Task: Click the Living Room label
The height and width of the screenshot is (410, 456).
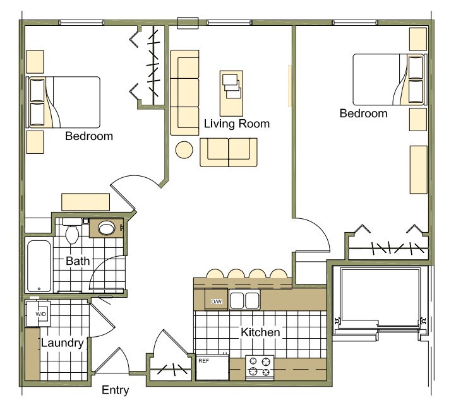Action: pyautogui.click(x=236, y=124)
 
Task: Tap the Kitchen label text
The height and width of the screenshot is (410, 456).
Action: pyautogui.click(x=260, y=332)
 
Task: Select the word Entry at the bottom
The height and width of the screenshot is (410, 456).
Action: pyautogui.click(x=116, y=390)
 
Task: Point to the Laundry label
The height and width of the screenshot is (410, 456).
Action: pyautogui.click(x=62, y=344)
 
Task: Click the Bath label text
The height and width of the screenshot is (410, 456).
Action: pyautogui.click(x=78, y=261)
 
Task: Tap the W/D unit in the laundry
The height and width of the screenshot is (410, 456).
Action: pyautogui.click(x=37, y=313)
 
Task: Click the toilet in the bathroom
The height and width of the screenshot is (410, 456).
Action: pyautogui.click(x=72, y=233)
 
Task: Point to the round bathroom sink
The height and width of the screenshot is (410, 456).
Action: pyautogui.click(x=106, y=228)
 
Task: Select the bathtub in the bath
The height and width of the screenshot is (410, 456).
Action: pyautogui.click(x=40, y=265)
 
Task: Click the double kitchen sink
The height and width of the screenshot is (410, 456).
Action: pyautogui.click(x=244, y=300)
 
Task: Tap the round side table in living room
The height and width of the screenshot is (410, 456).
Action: pyautogui.click(x=184, y=150)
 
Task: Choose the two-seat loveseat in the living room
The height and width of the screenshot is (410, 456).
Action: pyautogui.click(x=229, y=152)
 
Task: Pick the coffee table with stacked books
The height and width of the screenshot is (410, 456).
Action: pyautogui.click(x=231, y=85)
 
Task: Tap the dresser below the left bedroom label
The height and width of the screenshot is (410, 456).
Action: pyautogui.click(x=85, y=202)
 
